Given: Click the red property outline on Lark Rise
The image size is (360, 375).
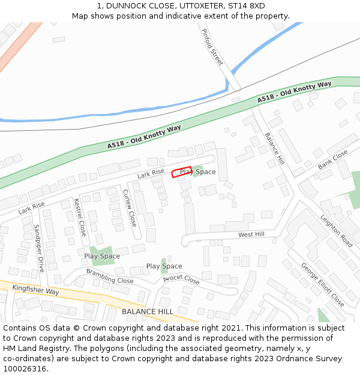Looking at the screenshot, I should click(x=182, y=172).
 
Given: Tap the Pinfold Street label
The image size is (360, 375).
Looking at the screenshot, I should click(x=212, y=47).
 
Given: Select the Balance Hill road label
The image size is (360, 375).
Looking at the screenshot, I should click(x=274, y=149).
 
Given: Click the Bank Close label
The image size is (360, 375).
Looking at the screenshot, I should click(x=332, y=158).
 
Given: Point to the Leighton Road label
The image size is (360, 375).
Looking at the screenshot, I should click(x=337, y=232).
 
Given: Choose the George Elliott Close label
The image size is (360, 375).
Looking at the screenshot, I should click(x=322, y=284).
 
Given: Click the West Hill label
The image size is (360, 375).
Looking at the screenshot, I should click(x=251, y=235).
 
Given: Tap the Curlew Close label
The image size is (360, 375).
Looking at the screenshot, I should click(x=130, y=208).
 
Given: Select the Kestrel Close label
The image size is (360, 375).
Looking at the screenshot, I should click(x=79, y=217).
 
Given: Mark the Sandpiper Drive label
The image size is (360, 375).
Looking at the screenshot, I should click(x=38, y=248).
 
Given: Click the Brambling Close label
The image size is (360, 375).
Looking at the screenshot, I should click(x=110, y=277).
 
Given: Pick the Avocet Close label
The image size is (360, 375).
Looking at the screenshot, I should click(x=181, y=280).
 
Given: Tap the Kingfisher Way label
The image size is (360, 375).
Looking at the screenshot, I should click(x=35, y=290).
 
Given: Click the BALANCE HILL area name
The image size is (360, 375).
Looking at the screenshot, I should click(x=147, y=312).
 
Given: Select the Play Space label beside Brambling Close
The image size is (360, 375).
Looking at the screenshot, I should click(x=102, y=256).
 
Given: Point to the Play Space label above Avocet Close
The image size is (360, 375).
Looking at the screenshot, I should click(x=164, y=266).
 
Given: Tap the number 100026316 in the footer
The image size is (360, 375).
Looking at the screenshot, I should click(x=25, y=368).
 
